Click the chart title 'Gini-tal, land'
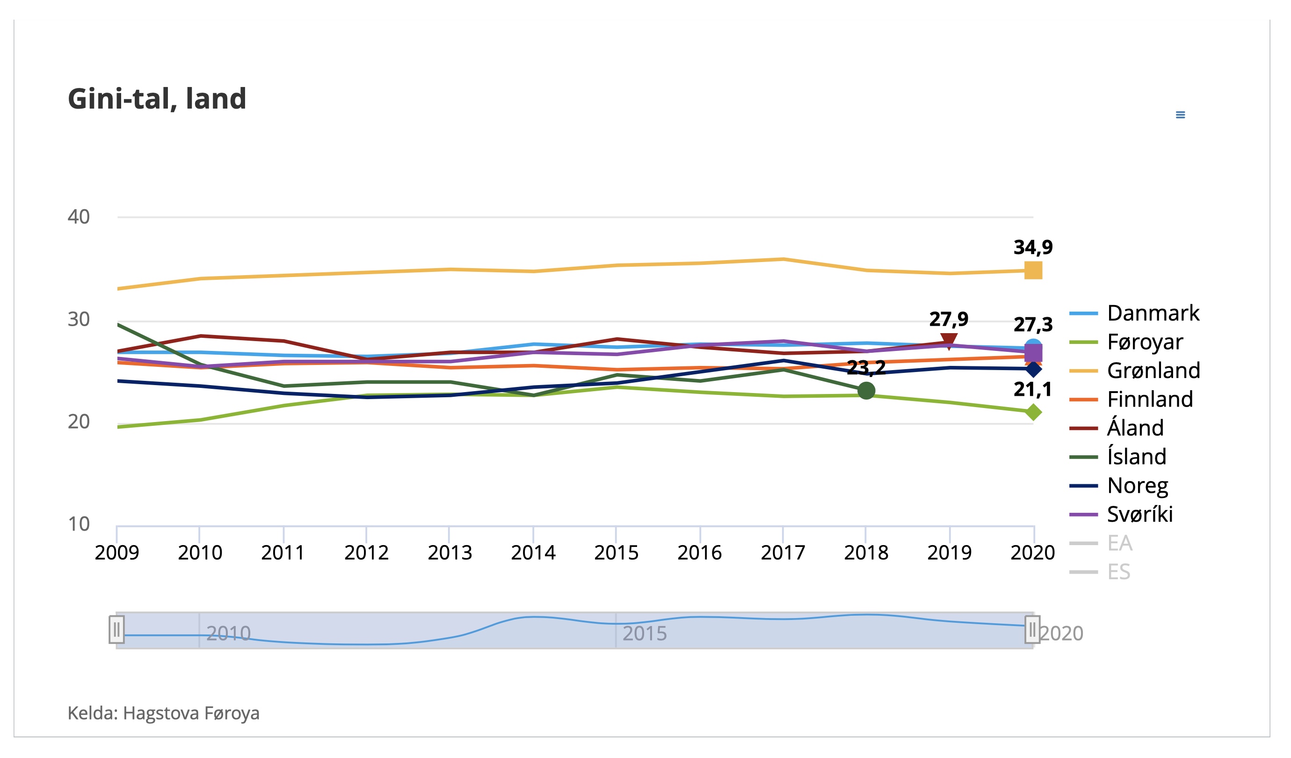pos(157,98)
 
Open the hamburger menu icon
pos(1180,115)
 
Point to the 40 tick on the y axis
pos(79,217)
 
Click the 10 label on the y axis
pos(79,524)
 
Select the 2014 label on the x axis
pos(533,553)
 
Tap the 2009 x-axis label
pos(117,553)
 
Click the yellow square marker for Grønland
pos(1033,270)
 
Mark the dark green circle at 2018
pos(866,391)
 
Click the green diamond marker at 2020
pos(1033,412)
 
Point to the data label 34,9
pos(1033,248)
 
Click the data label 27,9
pos(949,319)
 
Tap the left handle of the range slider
pos(117,629)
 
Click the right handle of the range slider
pos(1032,629)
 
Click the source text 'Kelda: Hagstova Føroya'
pos(163,713)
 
